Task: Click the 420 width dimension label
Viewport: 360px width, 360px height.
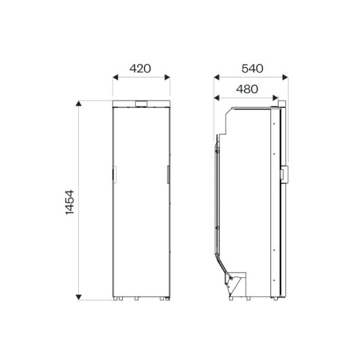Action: click(x=140, y=69)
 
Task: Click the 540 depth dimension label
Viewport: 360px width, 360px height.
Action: click(x=252, y=69)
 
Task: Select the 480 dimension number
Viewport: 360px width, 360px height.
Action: click(x=247, y=89)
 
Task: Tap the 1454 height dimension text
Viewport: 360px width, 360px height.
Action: click(x=70, y=202)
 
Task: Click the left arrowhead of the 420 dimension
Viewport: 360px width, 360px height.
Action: click(x=115, y=77)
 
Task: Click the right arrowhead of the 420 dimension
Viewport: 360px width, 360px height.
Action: click(x=167, y=77)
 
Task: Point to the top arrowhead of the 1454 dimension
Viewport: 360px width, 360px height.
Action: click(x=79, y=103)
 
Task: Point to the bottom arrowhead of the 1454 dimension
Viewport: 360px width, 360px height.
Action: click(x=79, y=297)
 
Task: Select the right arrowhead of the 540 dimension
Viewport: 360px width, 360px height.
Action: click(x=285, y=77)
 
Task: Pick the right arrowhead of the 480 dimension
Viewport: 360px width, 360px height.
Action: click(x=276, y=98)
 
